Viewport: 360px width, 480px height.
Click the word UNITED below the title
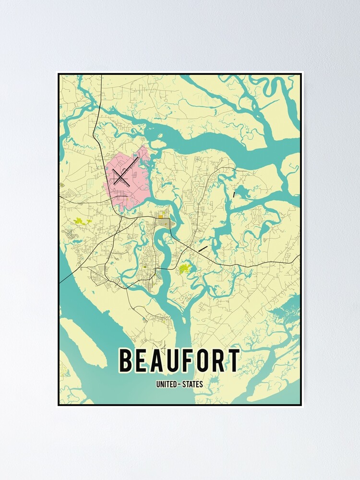tap(166, 384)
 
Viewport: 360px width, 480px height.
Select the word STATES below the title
tap(193, 384)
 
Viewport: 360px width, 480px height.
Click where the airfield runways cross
tap(120, 178)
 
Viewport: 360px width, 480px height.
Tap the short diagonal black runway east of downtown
tap(203, 248)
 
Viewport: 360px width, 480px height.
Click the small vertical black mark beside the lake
tap(234, 194)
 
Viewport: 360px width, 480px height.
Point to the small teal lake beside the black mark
tap(243, 193)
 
